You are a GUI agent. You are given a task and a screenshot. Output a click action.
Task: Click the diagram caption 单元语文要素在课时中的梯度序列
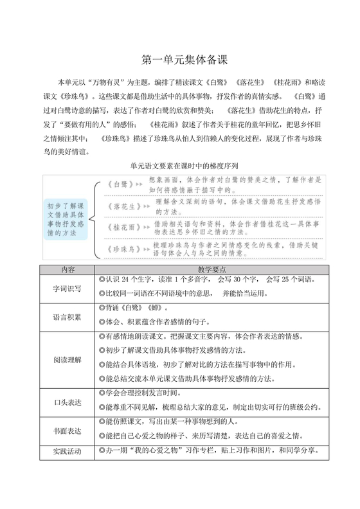coord(179,164)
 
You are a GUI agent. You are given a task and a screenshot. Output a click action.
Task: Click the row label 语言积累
coord(67,317)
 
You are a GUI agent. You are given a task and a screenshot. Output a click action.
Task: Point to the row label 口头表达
coord(67,402)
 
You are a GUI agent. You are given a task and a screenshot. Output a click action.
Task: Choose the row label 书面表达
coord(67,430)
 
